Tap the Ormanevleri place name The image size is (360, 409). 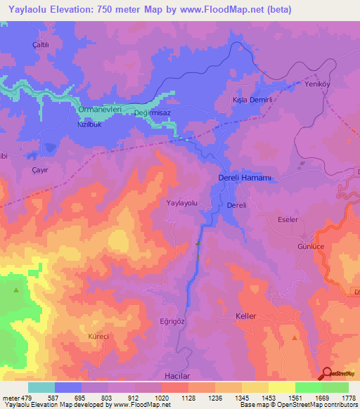point(101,110)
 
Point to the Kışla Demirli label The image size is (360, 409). point(252,100)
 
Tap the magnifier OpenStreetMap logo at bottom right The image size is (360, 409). point(328,374)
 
